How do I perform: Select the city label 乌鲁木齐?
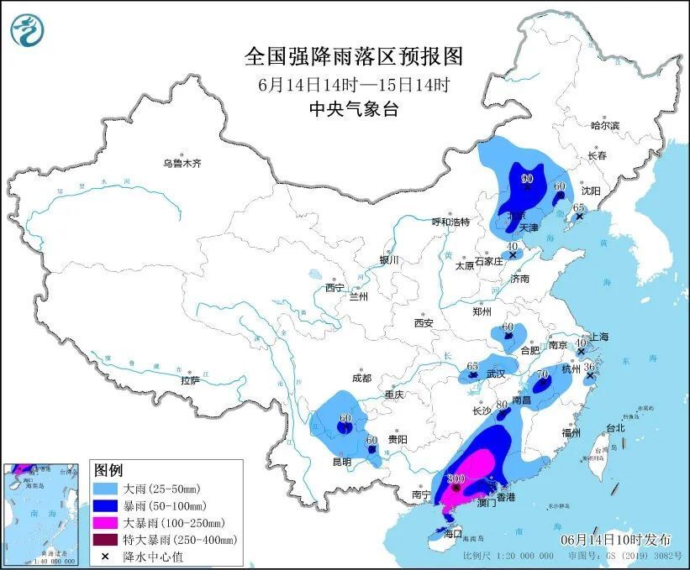tap(182, 163)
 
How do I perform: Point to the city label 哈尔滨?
tap(604, 125)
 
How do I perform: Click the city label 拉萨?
tap(190, 380)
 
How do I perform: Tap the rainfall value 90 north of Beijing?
tap(528, 179)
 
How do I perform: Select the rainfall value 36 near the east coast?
tap(589, 367)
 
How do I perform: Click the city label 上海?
tap(599, 337)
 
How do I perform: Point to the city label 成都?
tap(362, 378)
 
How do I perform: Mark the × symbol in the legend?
tap(107, 556)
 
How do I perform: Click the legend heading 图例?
tap(108, 469)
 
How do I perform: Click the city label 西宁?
tap(334, 287)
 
